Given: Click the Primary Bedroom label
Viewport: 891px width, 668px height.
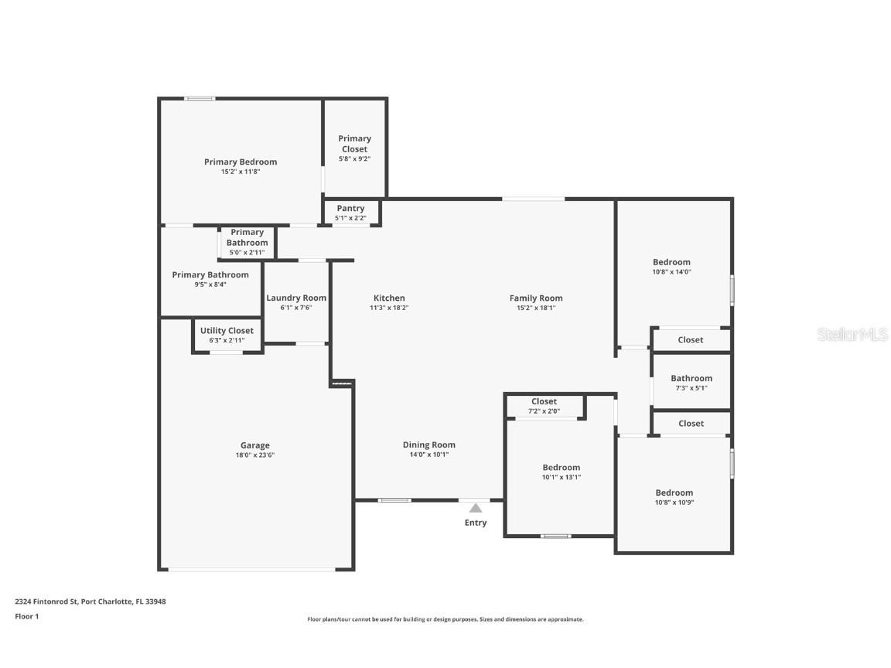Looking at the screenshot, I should coord(240,162).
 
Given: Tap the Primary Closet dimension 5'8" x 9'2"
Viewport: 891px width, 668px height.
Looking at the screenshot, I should coord(354,158).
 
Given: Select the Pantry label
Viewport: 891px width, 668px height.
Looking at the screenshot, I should coord(350,209).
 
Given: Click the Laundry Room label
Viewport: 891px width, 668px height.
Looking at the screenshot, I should coord(296,298).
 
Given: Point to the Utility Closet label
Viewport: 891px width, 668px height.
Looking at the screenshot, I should coord(227,331).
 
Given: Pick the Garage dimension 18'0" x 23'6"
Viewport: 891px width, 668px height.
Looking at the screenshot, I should coord(254,455).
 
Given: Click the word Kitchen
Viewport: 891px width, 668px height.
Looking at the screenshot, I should coord(389,298).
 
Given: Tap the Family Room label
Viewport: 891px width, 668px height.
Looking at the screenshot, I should coord(535,298).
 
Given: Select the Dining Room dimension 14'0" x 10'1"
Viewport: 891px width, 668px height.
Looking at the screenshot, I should coord(428,455).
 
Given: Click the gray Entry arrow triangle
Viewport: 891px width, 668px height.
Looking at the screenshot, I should coord(476,508).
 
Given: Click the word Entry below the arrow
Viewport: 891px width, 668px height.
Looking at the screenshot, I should coord(476,523).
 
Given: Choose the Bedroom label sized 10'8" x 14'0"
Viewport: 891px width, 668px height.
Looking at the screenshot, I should coord(671,262).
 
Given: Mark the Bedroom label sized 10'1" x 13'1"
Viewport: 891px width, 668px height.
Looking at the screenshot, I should coord(561,468).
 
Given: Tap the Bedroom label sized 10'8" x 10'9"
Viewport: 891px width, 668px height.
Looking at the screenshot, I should coord(674,492).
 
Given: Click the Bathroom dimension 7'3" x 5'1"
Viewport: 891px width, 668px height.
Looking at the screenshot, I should coord(691,388).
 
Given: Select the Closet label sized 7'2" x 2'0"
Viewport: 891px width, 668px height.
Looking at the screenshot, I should coord(544,401).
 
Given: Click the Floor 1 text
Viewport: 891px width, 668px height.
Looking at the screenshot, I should coord(26,616).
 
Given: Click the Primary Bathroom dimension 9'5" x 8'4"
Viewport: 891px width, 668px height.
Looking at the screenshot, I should coord(210,285).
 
